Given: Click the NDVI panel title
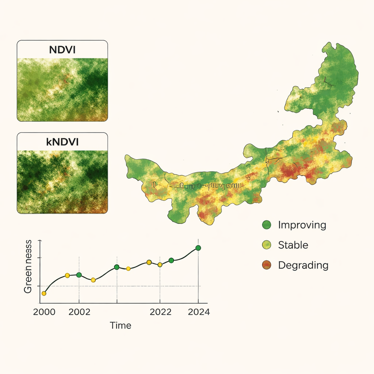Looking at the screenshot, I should click(62, 50).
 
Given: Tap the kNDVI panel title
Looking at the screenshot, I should click(62, 142).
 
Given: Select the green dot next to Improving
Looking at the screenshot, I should click(267, 225).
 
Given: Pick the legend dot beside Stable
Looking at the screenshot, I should click(267, 245).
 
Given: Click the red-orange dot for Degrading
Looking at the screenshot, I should click(267, 265).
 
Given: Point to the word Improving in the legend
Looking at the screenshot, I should click(302, 225).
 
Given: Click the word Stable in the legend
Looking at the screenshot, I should click(293, 245).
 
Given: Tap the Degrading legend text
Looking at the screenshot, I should click(303, 265).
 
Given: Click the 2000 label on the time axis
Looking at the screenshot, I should click(44, 313).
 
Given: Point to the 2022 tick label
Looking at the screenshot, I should click(161, 313).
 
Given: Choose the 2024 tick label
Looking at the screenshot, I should click(198, 313).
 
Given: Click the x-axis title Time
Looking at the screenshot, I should click(121, 325).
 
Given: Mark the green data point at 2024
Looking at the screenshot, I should click(198, 248).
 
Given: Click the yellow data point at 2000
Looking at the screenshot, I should click(44, 293).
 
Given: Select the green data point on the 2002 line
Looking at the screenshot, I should click(79, 275).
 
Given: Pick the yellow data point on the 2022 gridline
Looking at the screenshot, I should click(160, 264).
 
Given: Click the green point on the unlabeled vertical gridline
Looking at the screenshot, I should click(117, 267).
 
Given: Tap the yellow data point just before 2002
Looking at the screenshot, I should click(67, 275).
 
